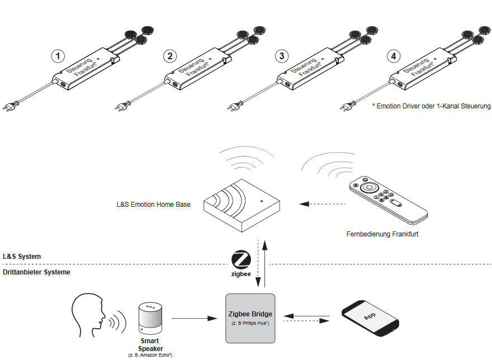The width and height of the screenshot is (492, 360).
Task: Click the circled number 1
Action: click(58, 56)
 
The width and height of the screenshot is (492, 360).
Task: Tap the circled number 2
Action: click(171, 56)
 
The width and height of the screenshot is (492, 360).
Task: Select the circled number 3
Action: click(282, 56)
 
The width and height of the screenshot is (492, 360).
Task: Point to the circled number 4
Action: click(394, 56)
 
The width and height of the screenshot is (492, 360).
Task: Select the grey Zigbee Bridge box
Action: click(250, 318)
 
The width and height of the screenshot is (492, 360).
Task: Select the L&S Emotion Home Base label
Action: click(153, 205)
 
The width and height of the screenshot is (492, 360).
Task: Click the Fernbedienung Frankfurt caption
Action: click(382, 234)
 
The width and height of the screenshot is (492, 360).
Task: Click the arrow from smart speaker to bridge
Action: click(193, 318)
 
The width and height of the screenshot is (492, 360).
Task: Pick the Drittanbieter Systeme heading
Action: click(36, 272)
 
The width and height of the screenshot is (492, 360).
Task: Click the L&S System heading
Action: click(22, 257)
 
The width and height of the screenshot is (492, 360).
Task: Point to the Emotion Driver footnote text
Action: click(431, 106)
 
